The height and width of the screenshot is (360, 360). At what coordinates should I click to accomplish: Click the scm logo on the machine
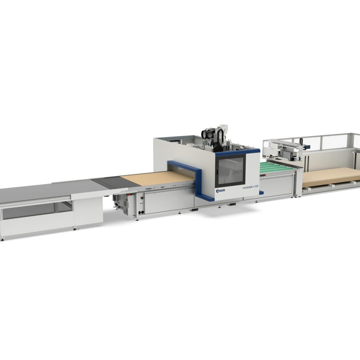tap(220, 191)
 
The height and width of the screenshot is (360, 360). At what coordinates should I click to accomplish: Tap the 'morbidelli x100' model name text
tap(250, 188)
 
